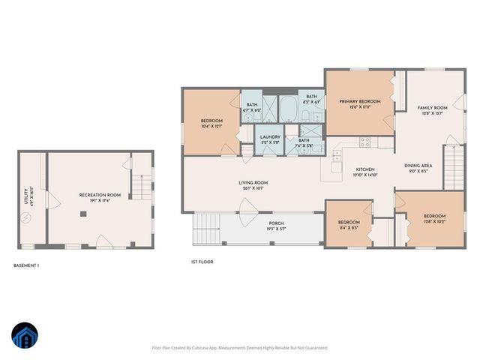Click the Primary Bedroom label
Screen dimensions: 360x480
tap(359, 101)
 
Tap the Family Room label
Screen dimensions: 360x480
tap(432, 108)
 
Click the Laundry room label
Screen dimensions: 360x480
tap(270, 136)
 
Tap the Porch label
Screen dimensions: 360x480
tap(277, 223)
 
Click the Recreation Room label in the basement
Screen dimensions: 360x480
tap(100, 195)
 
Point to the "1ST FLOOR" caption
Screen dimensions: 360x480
tap(202, 262)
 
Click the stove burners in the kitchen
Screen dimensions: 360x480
tap(366, 141)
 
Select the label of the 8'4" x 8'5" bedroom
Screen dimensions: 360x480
tap(349, 222)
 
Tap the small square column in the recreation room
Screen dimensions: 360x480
tap(84, 213)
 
